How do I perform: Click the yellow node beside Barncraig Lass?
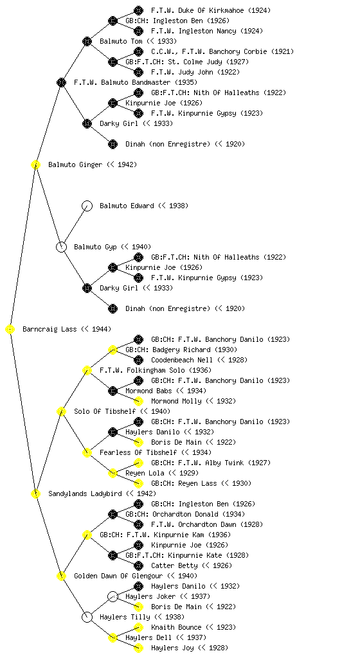pyautogui.click(x=10, y=329)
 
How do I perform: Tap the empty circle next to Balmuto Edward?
pyautogui.click(x=87, y=206)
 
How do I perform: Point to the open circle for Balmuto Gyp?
pyautogui.click(x=61, y=247)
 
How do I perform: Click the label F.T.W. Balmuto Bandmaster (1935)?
pyautogui.click(x=136, y=82)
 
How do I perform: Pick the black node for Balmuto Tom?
pyautogui.click(x=87, y=41)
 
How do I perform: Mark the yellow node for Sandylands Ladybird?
pyautogui.click(x=35, y=493)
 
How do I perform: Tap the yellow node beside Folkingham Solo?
pyautogui.click(x=87, y=370)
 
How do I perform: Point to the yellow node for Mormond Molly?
pyautogui.click(x=138, y=401)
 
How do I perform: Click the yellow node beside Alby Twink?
pyautogui.click(x=138, y=463)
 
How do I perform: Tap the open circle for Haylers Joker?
pyautogui.click(x=113, y=596)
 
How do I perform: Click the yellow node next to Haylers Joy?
pyautogui.click(x=138, y=648)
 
